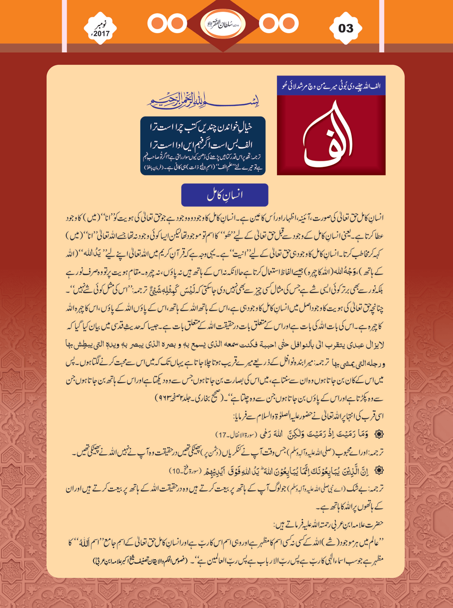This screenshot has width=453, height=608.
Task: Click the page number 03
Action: [x=346, y=29]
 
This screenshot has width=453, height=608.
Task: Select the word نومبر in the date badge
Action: [x=102, y=24]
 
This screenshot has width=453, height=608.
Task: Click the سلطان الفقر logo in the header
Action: [x=223, y=23]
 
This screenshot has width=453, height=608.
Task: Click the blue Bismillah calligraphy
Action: [x=203, y=102]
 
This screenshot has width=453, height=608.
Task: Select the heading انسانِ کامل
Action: [x=224, y=195]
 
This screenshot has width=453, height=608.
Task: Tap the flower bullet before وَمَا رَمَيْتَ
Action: [x=379, y=434]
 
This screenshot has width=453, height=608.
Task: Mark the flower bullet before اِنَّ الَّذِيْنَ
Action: [x=379, y=471]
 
